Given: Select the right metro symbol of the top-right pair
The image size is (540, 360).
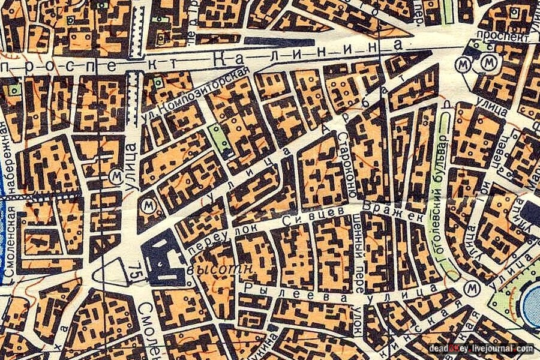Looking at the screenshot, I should (x=491, y=62).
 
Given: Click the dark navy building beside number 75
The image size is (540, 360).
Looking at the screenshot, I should (x=161, y=258).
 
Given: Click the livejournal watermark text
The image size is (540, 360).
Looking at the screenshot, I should (x=480, y=349).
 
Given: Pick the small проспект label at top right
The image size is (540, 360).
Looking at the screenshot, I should (x=497, y=35).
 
